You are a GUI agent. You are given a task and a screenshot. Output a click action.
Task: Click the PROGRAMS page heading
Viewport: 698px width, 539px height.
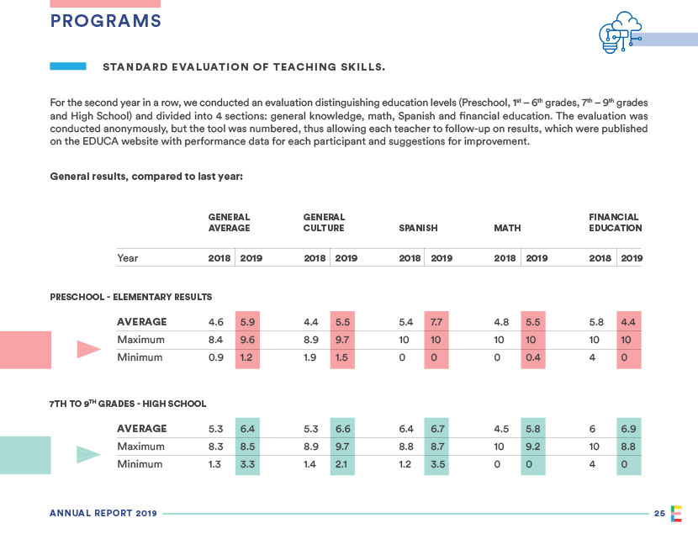coord(105,21)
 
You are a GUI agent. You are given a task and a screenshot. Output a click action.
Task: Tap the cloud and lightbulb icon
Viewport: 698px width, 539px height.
coord(618,34)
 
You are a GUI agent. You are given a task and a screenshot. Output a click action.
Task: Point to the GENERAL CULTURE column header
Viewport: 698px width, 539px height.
coord(324,222)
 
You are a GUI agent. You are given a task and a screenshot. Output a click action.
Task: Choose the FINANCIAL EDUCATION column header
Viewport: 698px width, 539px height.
coord(615,222)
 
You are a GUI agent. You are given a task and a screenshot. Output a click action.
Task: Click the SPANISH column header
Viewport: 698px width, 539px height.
coord(418,228)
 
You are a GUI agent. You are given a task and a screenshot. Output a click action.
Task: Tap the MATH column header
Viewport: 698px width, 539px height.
coord(508,228)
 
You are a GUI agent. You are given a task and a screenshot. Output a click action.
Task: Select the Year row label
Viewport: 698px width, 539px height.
coord(128,258)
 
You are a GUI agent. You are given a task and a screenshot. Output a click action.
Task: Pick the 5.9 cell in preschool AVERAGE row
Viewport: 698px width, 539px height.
coord(248,321)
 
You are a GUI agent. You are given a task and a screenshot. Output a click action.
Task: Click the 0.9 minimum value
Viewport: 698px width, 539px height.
coord(215,357)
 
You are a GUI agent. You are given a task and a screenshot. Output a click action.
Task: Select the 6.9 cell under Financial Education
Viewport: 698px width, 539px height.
coord(628,429)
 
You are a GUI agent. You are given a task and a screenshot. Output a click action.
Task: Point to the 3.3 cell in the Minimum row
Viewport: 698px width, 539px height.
coord(248,464)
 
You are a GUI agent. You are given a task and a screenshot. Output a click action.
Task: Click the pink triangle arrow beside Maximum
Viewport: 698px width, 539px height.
coord(88,349)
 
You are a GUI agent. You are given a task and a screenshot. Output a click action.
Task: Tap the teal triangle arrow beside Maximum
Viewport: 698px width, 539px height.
coord(88,455)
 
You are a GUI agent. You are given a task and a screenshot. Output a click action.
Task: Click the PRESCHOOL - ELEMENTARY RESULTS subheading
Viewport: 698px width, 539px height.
coord(130,297)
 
